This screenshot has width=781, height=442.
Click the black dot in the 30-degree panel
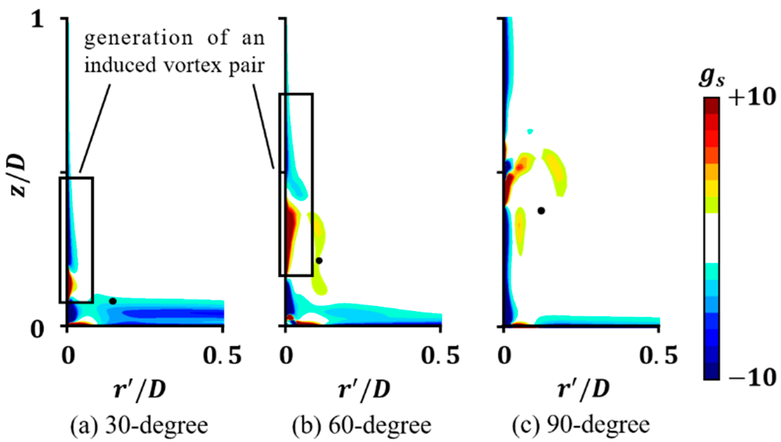click(x=113, y=301)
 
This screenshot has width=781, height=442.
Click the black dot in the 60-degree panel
click(x=319, y=261)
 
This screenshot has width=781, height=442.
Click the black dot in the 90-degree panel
click(x=541, y=210)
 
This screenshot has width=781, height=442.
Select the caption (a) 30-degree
click(x=139, y=425)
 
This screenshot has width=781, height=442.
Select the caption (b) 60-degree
click(x=362, y=425)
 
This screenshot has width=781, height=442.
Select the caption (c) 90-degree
click(x=581, y=425)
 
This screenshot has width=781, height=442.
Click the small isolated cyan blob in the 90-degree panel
click(x=530, y=131)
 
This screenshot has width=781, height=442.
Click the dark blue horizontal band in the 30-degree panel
click(x=171, y=313)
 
